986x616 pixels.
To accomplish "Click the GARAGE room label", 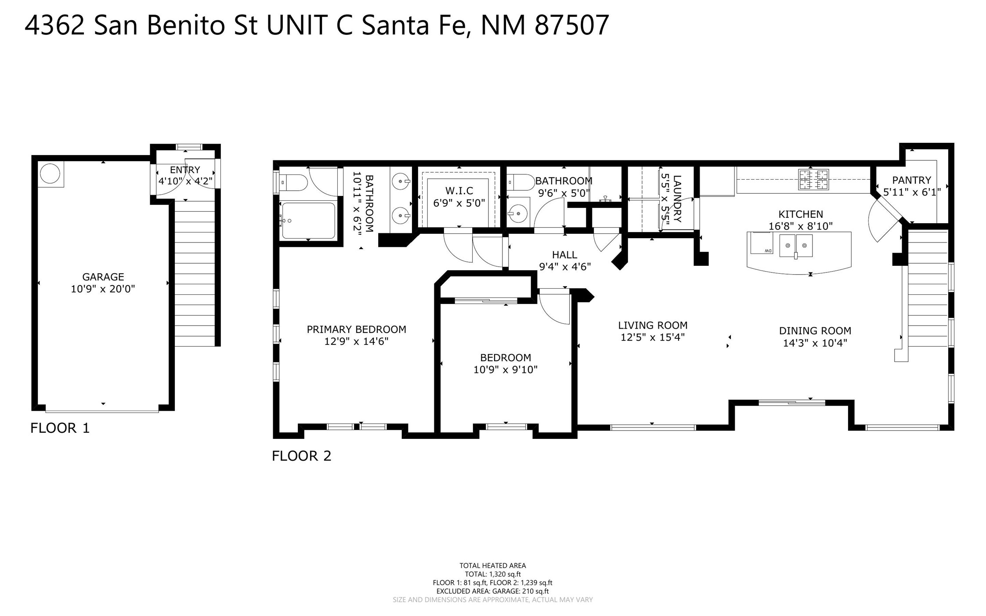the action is (x=103, y=277).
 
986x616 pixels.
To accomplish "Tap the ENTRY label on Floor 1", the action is (x=185, y=170).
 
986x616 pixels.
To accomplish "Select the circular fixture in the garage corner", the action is (x=50, y=174).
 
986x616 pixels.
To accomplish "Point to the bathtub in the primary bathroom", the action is (x=308, y=220).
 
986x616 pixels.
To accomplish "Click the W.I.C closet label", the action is (x=459, y=191).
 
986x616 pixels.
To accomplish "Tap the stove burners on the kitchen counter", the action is (x=813, y=179).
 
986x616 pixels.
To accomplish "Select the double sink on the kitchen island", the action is (x=796, y=246).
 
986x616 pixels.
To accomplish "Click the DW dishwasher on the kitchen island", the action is (x=762, y=243).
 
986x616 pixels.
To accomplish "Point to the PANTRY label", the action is (x=912, y=180).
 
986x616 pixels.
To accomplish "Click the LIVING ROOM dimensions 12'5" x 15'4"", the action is (x=653, y=337).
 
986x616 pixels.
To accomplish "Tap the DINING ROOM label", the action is (x=815, y=331).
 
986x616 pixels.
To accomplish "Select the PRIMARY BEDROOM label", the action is (x=356, y=330).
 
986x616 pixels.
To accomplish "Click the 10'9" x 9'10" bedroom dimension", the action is (x=505, y=370).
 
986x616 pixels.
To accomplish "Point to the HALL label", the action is (x=564, y=255).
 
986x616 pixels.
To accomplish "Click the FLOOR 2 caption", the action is (x=301, y=456).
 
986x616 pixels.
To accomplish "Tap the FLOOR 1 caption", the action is (x=60, y=428).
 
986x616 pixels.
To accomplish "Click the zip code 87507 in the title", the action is (x=572, y=25).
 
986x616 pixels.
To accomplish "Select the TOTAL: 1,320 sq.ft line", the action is (x=493, y=574).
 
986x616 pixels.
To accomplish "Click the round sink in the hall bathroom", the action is (x=518, y=214).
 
